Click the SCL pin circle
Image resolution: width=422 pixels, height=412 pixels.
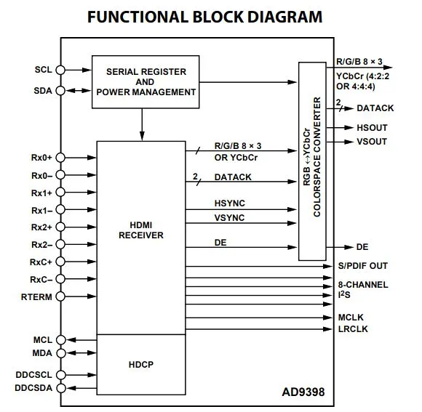click(60, 70)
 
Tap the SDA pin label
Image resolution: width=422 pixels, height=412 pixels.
click(43, 91)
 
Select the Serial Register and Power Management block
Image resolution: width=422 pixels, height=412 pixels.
click(146, 82)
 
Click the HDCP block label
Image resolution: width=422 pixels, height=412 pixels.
click(141, 365)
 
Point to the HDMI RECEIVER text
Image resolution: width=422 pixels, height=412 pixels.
click(141, 230)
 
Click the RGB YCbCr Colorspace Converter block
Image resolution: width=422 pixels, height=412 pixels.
click(312, 161)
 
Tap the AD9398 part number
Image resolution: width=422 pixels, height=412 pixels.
click(303, 392)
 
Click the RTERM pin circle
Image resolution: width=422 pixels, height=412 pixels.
click(60, 296)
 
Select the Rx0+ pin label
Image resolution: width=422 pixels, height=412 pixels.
click(41, 158)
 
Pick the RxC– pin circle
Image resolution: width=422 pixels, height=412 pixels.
click(60, 279)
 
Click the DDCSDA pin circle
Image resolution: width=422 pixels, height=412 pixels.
click(61, 388)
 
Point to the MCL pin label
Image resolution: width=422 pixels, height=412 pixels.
click(43, 340)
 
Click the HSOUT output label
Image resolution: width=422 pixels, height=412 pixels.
click(373, 128)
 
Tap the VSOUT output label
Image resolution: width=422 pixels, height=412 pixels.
click(372, 142)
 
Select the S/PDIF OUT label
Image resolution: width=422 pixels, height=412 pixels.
click(363, 266)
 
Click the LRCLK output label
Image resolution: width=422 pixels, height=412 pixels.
click(353, 329)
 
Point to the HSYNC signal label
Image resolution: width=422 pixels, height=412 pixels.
click(230, 203)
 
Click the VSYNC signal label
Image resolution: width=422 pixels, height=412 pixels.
click(230, 218)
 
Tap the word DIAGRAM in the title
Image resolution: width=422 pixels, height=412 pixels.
click(284, 17)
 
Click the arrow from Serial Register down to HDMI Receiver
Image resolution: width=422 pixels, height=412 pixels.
click(142, 125)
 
